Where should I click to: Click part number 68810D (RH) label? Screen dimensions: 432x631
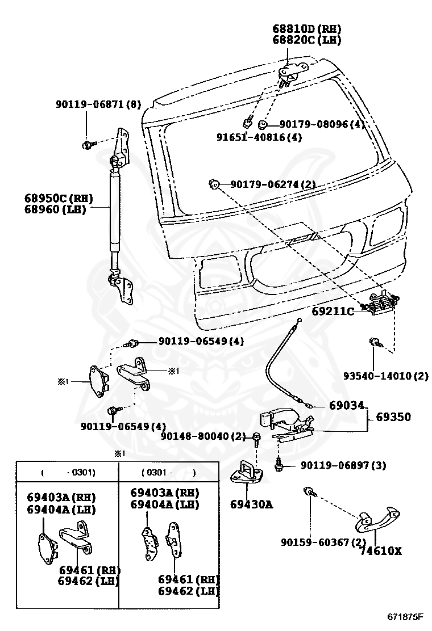307,28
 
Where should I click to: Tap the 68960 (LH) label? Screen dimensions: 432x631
55,209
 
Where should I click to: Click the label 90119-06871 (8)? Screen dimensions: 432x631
98,104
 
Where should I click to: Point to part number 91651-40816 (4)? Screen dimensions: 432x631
259,137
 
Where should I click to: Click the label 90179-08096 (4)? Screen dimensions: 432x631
322,124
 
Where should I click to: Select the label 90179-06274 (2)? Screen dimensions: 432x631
273,184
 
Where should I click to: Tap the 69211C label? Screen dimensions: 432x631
333,311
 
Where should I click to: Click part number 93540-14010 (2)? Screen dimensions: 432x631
385,376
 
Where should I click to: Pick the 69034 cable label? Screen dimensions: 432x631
346,405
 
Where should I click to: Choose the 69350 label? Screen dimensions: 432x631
393,417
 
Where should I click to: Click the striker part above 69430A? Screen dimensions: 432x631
247,472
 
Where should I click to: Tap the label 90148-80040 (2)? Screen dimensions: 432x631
203,436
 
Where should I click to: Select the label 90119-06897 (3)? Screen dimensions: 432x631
343,465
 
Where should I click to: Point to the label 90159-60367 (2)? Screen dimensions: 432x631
323,542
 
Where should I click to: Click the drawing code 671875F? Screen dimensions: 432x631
405,616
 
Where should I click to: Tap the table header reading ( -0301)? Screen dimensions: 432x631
68,472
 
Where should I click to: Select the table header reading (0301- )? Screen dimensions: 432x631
169,472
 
